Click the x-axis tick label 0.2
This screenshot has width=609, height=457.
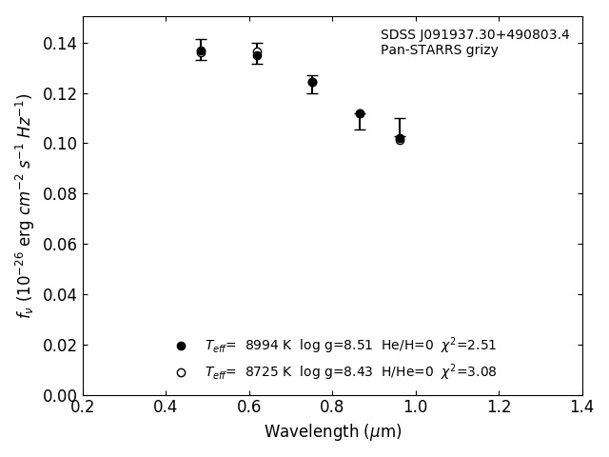83,407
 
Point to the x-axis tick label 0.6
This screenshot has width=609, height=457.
249,407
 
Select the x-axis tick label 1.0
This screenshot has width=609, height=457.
416,407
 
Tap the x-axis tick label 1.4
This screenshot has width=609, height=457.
581,407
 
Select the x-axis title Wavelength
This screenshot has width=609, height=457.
333,432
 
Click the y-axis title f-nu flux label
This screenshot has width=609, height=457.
25,205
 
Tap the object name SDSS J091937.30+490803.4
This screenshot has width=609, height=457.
475,35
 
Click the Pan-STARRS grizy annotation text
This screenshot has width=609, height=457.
439,50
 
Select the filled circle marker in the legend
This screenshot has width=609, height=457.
181,346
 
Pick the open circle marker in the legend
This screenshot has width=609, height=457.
181,372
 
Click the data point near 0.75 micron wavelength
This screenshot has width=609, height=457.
312,82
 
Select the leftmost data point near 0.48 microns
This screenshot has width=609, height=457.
201,51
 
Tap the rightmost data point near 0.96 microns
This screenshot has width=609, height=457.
400,138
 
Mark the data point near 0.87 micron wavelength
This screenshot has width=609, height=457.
360,114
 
